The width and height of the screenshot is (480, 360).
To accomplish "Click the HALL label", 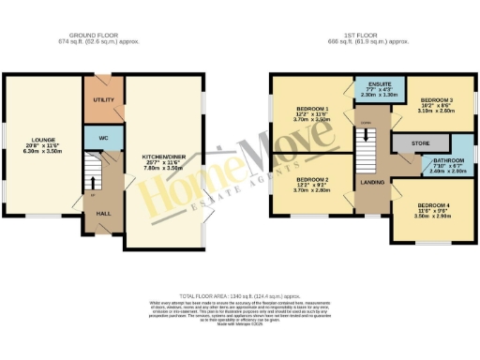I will pyautogui.click(x=104, y=214).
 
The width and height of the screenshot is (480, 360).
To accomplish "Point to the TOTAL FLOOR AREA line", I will pyautogui.click(x=239, y=294).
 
